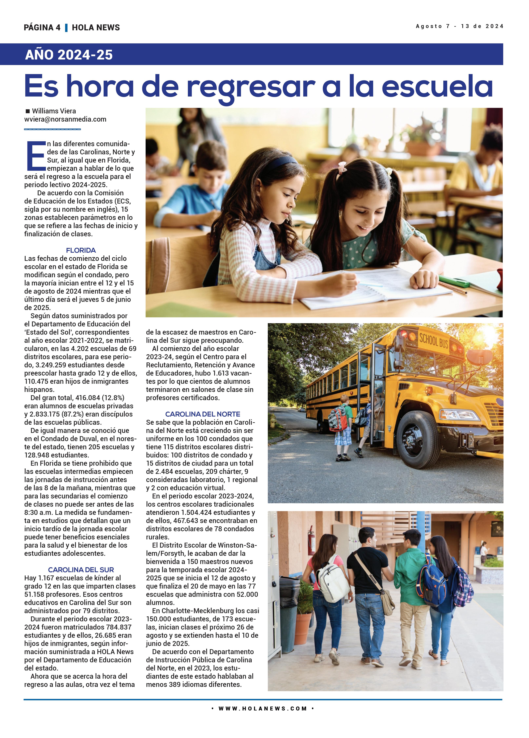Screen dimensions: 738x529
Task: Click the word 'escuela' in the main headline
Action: coord(437,86)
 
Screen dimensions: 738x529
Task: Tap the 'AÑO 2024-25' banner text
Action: coord(69,55)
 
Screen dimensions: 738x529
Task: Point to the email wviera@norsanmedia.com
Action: coord(65,119)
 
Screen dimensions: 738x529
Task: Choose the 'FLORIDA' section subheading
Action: coord(81,250)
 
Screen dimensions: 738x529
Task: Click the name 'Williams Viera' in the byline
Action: coord(54,111)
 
